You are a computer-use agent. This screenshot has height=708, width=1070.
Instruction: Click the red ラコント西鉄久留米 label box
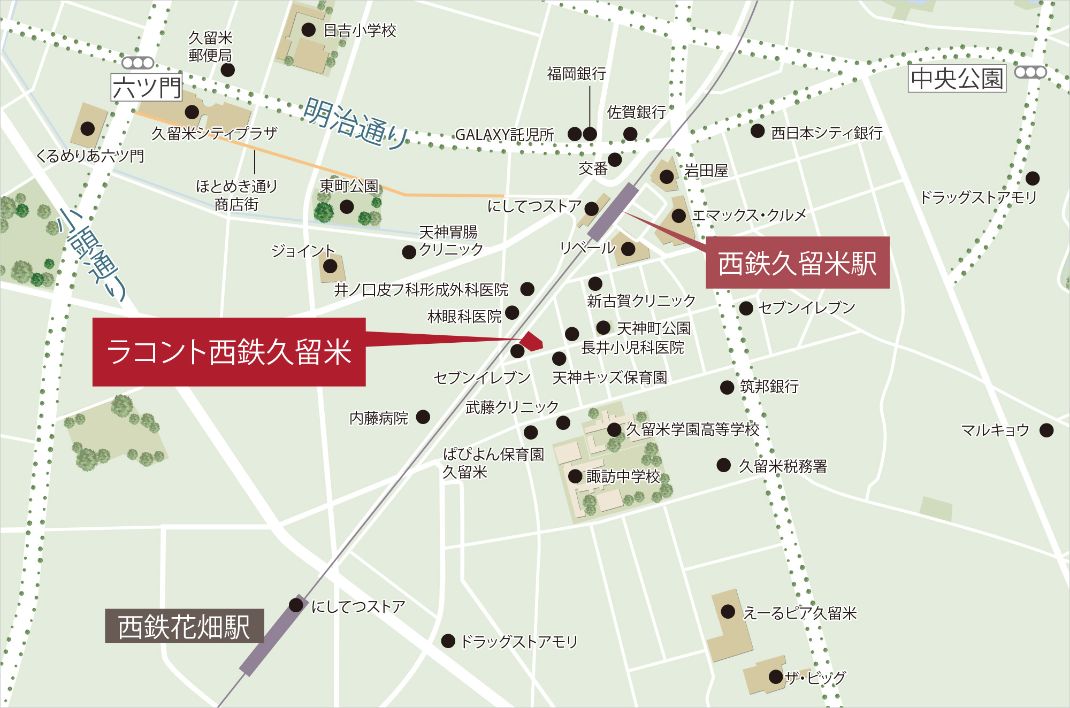(x=229, y=352)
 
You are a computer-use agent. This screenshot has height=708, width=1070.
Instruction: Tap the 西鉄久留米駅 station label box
(x=797, y=263)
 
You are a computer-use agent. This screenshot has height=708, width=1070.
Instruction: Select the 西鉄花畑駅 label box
(x=184, y=626)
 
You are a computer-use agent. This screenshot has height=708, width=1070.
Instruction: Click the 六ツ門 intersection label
(x=147, y=88)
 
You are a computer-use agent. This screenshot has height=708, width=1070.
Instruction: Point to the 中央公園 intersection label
(x=957, y=79)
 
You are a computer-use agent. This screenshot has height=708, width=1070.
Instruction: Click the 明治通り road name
(x=355, y=123)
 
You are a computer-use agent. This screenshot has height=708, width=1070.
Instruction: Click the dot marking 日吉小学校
(x=308, y=30)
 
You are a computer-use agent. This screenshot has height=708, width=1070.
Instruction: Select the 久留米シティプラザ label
(x=214, y=133)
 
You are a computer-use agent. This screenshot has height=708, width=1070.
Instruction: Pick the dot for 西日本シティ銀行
(x=757, y=131)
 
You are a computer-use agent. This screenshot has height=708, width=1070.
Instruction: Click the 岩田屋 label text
(x=706, y=171)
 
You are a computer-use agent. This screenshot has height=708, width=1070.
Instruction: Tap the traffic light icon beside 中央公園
(x=1030, y=72)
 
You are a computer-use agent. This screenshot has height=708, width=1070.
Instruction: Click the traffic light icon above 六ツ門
(x=138, y=63)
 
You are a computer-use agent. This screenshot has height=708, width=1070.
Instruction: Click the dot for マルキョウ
(x=1046, y=430)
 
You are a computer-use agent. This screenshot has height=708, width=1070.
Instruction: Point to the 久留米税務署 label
(x=783, y=466)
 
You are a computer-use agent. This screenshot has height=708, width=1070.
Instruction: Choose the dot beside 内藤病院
(x=423, y=417)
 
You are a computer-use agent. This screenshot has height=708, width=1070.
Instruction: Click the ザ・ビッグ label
(x=815, y=678)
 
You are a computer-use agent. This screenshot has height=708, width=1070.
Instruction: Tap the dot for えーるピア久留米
(x=728, y=611)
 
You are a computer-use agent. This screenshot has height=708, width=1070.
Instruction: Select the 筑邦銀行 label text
(x=769, y=387)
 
